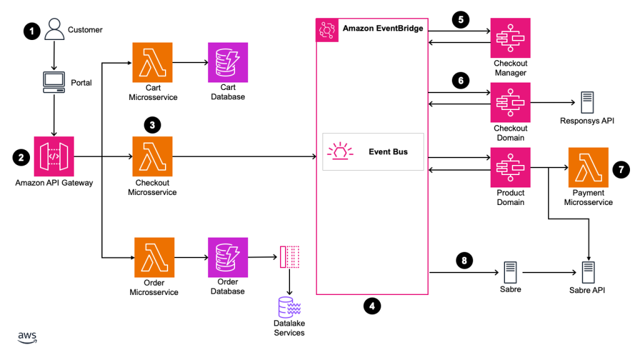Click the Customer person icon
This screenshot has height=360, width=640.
pyautogui.click(x=54, y=29)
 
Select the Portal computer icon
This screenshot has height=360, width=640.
pyautogui.click(x=54, y=81)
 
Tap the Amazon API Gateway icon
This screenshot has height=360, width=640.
pyautogui.click(x=54, y=156)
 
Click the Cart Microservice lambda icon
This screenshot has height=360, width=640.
pyautogui.click(x=152, y=62)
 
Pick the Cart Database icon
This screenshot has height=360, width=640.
pyautogui.click(x=228, y=62)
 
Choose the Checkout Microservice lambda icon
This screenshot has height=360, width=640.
pyautogui.click(x=152, y=156)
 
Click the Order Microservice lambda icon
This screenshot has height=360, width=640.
pyautogui.click(x=152, y=257)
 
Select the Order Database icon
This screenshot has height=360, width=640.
pyautogui.click(x=228, y=257)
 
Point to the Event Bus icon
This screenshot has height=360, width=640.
pyautogui.click(x=341, y=152)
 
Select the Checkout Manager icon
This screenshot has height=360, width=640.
pyautogui.click(x=511, y=37)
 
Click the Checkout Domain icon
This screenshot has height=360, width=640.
pyautogui.click(x=511, y=102)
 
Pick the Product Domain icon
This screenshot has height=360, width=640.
pyautogui.click(x=511, y=167)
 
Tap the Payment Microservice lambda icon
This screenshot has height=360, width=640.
pyautogui.click(x=588, y=167)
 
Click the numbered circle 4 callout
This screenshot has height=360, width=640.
pyautogui.click(x=372, y=306)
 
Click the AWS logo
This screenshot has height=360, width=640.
pyautogui.click(x=27, y=337)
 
